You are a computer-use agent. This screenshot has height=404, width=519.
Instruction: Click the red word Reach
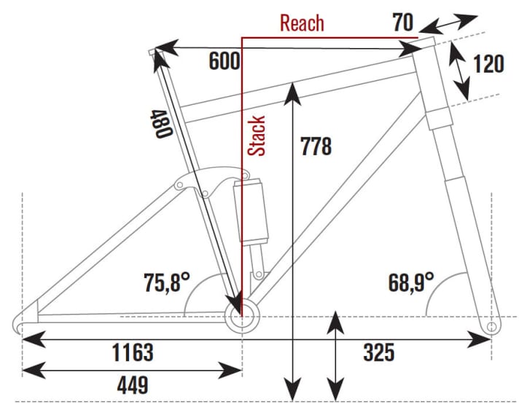[x=302, y=23]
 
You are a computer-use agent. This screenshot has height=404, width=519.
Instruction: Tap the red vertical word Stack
[x=257, y=136]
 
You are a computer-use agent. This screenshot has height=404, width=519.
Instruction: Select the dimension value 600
[x=224, y=62]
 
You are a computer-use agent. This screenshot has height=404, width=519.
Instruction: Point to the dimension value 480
[x=161, y=124]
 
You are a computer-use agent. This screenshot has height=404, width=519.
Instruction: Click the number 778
[x=315, y=146]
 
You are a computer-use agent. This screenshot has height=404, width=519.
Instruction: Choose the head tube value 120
[x=488, y=64]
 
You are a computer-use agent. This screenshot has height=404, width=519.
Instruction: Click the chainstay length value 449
[x=130, y=384]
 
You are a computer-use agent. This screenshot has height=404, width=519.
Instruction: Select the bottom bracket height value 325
[x=378, y=353]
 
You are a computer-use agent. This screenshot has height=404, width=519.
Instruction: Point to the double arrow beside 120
[x=459, y=71]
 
